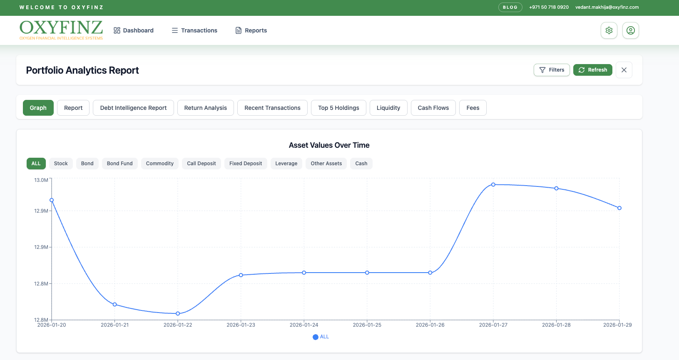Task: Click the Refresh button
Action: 592,70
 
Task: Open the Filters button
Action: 552,70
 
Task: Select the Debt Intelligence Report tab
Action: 133,107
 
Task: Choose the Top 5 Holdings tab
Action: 338,107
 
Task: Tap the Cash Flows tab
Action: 433,107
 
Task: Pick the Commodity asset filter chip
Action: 160,163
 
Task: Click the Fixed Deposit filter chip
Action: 246,163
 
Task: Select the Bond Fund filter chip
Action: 120,163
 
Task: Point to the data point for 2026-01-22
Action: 178,313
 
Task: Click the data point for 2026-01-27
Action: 493,184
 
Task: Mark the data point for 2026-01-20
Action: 52,200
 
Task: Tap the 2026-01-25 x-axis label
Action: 367,325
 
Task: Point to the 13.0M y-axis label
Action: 41,180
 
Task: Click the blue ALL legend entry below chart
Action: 321,337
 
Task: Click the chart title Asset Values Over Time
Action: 329,145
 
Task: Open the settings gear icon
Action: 609,30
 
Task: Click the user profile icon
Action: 630,30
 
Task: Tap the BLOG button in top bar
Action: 510,7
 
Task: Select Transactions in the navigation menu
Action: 194,30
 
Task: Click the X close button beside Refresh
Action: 624,70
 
